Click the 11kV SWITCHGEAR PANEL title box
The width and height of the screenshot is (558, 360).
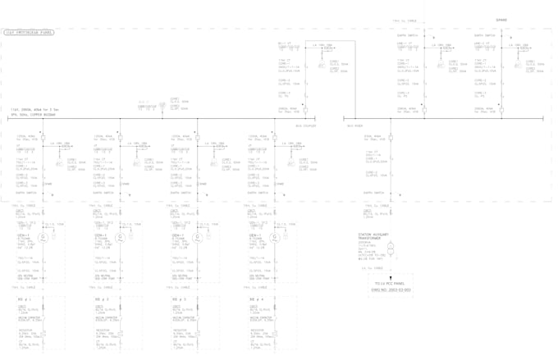coord(29,33)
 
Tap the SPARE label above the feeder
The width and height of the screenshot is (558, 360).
coord(501,21)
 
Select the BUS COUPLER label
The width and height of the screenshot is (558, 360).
coord(305,126)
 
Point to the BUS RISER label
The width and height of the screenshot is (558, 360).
coord(354,126)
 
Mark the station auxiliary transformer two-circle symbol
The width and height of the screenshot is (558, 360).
coord(391,248)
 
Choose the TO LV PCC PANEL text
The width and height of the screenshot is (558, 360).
coord(391,283)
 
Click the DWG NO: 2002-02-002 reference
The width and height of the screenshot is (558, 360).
coord(391,289)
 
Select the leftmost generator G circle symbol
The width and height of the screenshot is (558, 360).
coord(43,237)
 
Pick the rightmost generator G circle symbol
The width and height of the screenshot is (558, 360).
coord(275,237)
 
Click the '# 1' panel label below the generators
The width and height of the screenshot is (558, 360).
coord(24,299)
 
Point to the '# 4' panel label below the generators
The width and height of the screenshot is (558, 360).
coord(256,299)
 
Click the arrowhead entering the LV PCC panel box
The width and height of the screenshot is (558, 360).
coord(391,276)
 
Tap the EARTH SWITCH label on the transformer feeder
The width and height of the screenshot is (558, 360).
coord(374,194)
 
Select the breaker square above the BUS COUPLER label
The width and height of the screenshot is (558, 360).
coord(304,110)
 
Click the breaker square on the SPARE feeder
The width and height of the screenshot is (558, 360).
coord(501,110)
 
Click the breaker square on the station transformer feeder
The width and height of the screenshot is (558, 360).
coord(391,138)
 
